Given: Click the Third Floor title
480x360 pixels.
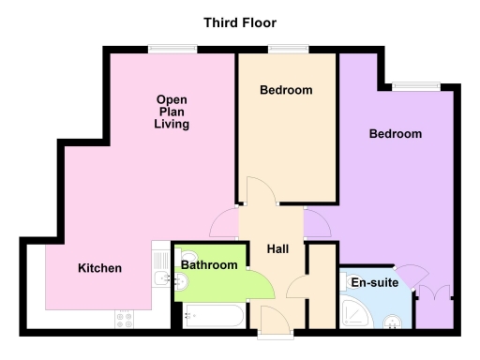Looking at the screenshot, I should click(239, 22).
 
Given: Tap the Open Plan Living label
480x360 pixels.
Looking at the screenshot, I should click(172, 112).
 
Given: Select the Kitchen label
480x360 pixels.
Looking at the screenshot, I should click(99, 268).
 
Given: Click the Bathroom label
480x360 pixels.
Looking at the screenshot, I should click(209, 265).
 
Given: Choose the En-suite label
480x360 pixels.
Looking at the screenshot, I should click(373, 281).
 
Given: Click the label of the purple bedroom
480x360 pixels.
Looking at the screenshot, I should click(395, 134).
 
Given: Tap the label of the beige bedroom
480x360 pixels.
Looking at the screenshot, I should click(286, 91).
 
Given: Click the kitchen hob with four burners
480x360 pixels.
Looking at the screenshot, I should click(125, 319).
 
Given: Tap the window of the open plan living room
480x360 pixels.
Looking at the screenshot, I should click(165, 48).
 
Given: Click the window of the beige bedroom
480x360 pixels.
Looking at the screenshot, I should click(282, 48).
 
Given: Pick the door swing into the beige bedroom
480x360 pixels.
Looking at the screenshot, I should click(259, 191).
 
